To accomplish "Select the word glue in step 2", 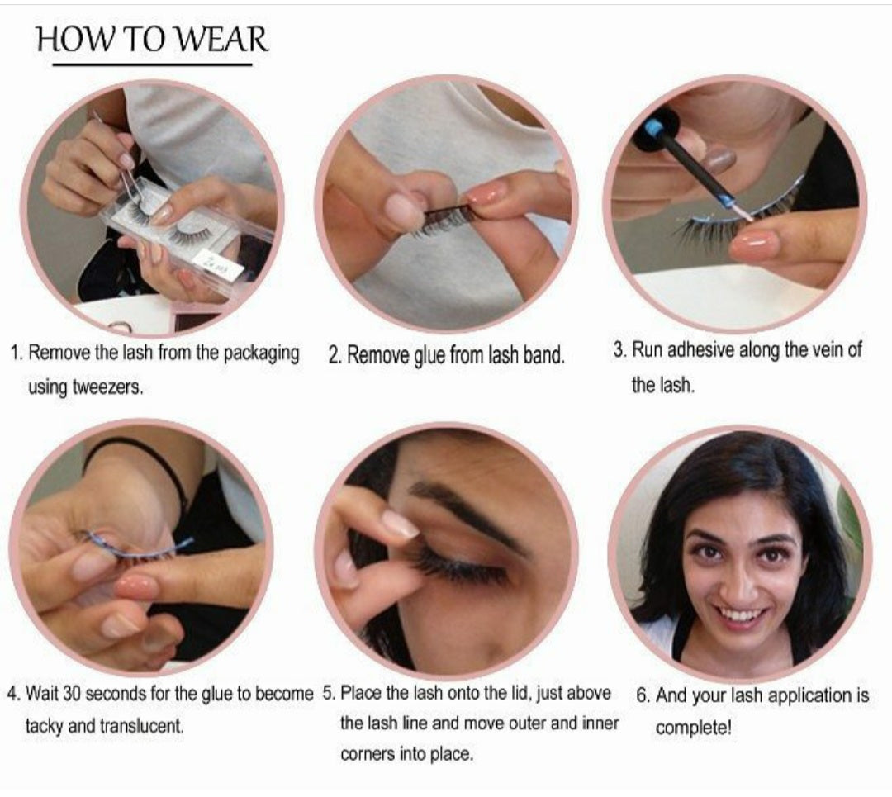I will (429, 356).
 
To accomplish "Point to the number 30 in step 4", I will (72, 694).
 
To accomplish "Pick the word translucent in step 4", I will (141, 728).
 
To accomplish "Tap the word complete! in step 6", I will (694, 729).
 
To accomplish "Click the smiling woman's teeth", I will (741, 616).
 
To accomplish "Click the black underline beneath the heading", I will (151, 64).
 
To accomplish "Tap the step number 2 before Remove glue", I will (334, 356).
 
